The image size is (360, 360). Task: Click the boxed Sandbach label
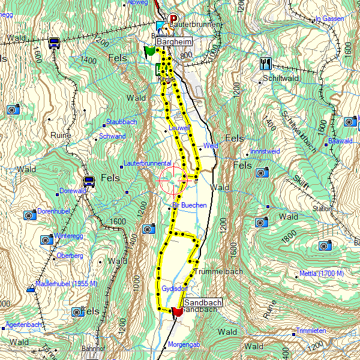pyautogui.click(x=203, y=304)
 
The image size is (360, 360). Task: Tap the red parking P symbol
pyautogui.click(x=174, y=19)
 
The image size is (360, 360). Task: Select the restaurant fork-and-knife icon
pyautogui.click(x=265, y=63)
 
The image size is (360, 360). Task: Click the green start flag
pyautogui.click(x=149, y=52)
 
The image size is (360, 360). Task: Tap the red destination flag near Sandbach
pyautogui.click(x=176, y=312)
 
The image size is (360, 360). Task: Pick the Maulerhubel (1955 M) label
pyautogui.click(x=66, y=283)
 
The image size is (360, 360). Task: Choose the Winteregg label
pyautogui.click(x=68, y=236)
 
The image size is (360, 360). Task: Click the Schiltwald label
pyautogui.click(x=281, y=79)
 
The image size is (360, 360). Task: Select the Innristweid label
pyautogui.click(x=265, y=151)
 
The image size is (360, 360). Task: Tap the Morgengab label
pyautogui.click(x=184, y=345)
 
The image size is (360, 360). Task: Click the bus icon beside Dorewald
pyautogui.click(x=89, y=181)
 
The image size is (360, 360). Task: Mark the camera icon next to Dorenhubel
pyautogui.click(x=29, y=215)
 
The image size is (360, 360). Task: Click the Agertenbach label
pyautogui.click(x=23, y=325)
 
